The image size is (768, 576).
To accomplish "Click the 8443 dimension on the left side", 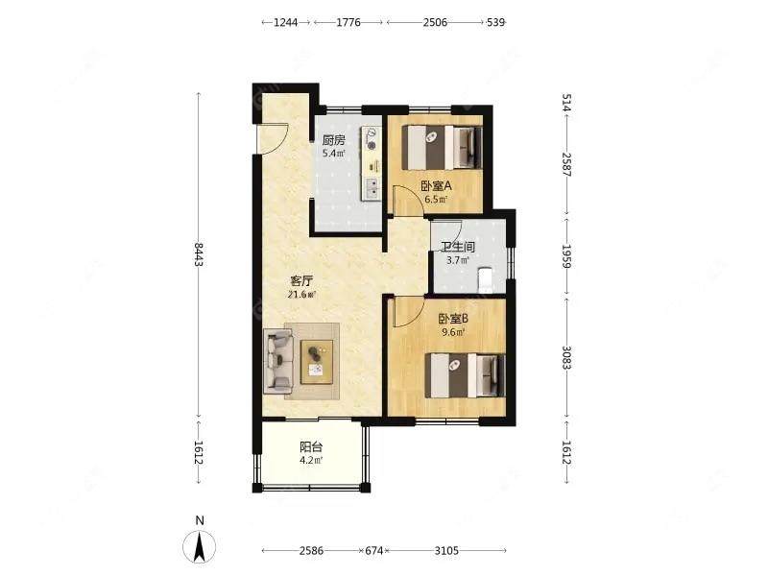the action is click(x=199, y=254).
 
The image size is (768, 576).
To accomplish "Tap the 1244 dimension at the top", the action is click(x=285, y=22).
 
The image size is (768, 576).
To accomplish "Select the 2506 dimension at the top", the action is click(x=435, y=22).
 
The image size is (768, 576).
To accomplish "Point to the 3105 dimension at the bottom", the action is click(x=446, y=550).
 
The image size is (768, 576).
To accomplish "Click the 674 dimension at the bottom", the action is click(x=374, y=550).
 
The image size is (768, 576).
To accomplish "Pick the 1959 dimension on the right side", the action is click(x=566, y=256).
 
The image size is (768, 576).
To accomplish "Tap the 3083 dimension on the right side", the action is click(x=566, y=358).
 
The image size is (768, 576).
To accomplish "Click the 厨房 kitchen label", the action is click(x=333, y=140).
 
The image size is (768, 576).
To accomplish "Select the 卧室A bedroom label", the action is click(x=436, y=186).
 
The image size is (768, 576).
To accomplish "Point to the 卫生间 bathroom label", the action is click(x=458, y=247).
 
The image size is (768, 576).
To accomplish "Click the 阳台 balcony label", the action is click(x=311, y=446).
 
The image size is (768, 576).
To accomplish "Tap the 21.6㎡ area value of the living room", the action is click(x=301, y=295).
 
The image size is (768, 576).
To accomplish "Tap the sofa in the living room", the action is click(x=278, y=361).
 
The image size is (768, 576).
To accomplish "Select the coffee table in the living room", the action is click(x=317, y=362).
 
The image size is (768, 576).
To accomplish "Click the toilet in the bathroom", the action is click(x=485, y=280).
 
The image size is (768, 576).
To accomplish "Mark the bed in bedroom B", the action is click(x=465, y=375).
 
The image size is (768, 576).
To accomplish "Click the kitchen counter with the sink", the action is click(x=372, y=163).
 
